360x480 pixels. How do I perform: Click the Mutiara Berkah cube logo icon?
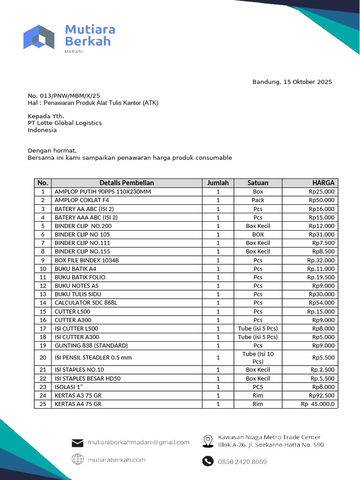click(39, 37)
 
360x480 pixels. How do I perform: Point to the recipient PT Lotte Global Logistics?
click(65, 123)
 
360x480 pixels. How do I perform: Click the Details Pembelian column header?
click(127, 183)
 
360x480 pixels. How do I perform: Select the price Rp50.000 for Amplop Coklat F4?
click(322, 200)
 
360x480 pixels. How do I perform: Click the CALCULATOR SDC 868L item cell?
click(86, 303)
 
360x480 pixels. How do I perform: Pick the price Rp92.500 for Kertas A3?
click(322, 395)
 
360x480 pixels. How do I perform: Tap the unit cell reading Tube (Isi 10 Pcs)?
click(258, 358)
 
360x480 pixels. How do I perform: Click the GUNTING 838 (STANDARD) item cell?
click(91, 345)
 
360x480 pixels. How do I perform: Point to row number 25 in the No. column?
click(43, 404)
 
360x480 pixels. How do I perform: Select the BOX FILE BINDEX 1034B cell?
click(87, 260)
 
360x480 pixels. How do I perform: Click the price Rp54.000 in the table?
click(322, 303)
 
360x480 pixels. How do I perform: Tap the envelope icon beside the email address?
click(77, 442)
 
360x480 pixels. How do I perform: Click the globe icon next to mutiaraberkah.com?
click(77, 460)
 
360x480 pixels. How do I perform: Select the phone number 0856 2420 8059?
click(242, 462)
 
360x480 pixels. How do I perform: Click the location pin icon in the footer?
click(208, 441)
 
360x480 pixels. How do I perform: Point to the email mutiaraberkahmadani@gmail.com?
click(138, 442)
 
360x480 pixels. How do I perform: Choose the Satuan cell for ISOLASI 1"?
click(258, 387)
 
